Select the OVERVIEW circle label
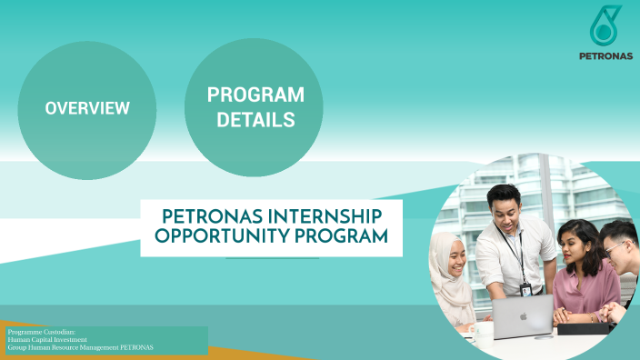pos(87,108)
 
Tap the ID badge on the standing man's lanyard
pos(526,289)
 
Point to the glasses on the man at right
pos(616,245)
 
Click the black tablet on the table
pos(582,327)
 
